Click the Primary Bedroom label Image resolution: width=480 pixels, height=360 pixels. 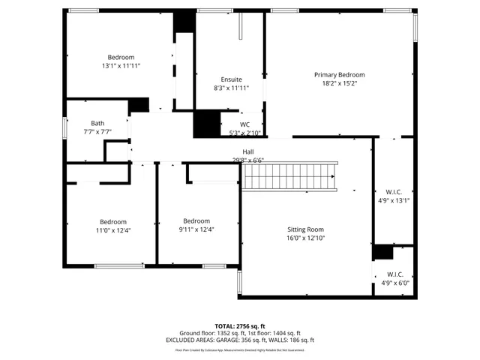tap(339, 75)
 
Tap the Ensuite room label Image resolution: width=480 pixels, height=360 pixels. tap(231, 79)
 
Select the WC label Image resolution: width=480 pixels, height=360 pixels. tap(244, 124)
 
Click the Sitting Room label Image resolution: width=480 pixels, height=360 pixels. tap(305, 229)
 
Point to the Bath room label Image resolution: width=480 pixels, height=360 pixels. tap(97, 123)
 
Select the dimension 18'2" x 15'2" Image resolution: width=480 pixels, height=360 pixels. tap(339, 83)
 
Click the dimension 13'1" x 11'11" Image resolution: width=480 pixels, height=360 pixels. tap(121, 66)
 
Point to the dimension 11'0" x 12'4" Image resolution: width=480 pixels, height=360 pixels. tap(113, 230)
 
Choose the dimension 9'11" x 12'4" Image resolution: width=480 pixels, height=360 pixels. tap(196, 229)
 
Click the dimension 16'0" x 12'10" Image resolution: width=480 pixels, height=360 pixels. tap(305, 238)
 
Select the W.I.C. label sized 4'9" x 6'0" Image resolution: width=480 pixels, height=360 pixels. tap(394, 274)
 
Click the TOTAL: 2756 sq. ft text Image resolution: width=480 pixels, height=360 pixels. tap(240, 326)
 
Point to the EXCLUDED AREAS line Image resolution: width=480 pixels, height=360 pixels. tap(240, 340)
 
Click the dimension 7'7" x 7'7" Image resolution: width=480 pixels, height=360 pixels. tap(97, 131)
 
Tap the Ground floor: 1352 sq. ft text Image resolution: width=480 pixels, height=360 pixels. tap(208, 333)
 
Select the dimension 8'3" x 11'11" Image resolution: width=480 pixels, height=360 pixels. tap(231, 88)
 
